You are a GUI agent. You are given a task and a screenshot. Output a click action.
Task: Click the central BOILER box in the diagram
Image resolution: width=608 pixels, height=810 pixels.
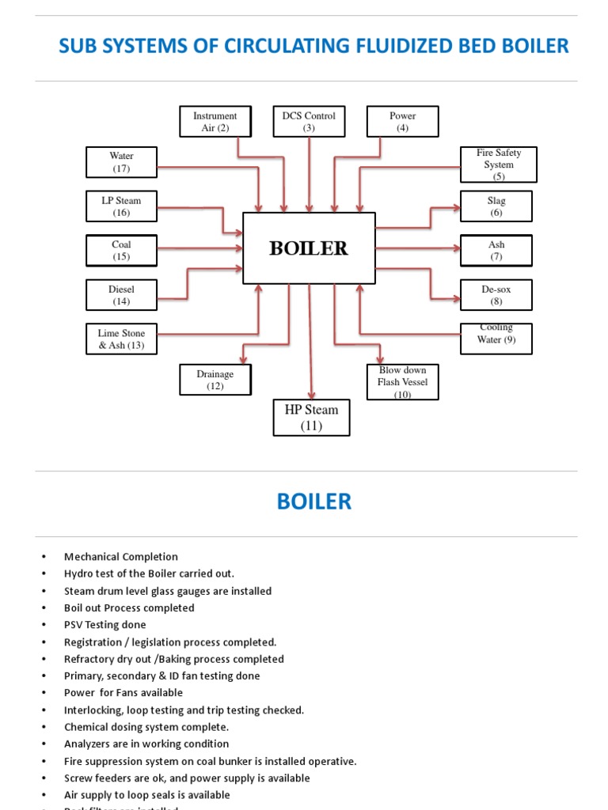(x=309, y=248)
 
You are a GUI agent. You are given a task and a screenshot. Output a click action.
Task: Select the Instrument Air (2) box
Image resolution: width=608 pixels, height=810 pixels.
(x=215, y=122)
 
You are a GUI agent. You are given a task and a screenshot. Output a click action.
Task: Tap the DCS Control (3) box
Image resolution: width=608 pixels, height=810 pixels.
(x=309, y=122)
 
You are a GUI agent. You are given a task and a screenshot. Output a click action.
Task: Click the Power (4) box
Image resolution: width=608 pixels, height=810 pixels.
(x=402, y=122)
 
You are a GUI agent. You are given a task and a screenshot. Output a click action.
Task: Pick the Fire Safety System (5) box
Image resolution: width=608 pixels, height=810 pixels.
(x=499, y=165)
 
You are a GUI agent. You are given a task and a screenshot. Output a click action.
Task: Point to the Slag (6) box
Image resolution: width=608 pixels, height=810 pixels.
(x=496, y=206)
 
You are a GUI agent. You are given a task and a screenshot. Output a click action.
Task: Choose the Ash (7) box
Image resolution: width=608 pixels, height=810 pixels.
(x=496, y=251)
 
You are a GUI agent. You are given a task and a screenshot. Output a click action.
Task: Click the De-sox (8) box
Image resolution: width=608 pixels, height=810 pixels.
(x=496, y=295)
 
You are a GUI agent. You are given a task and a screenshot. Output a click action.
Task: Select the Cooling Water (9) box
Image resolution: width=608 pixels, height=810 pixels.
(x=496, y=338)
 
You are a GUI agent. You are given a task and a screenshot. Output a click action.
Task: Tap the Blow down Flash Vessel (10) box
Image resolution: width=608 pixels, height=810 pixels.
(x=402, y=382)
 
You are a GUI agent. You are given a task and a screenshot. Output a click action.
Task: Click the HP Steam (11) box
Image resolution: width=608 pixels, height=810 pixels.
(x=311, y=418)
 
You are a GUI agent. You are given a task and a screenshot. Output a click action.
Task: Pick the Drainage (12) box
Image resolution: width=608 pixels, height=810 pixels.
(x=215, y=380)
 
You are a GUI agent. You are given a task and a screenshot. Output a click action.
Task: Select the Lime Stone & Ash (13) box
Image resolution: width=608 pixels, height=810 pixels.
(x=121, y=339)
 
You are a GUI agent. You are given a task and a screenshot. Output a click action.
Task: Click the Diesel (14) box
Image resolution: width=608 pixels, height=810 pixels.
(x=121, y=295)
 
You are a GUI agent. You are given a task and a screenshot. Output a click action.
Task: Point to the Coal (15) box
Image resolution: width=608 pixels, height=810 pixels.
(x=121, y=251)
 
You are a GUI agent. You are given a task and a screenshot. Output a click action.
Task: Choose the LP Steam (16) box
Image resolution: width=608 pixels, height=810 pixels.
(x=121, y=206)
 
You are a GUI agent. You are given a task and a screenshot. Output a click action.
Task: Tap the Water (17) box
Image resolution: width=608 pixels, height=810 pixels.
(x=121, y=162)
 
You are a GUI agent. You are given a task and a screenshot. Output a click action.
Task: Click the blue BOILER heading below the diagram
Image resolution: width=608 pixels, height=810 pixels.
(x=313, y=502)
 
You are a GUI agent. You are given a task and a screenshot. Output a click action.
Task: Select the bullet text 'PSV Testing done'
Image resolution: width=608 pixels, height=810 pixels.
(x=104, y=625)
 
